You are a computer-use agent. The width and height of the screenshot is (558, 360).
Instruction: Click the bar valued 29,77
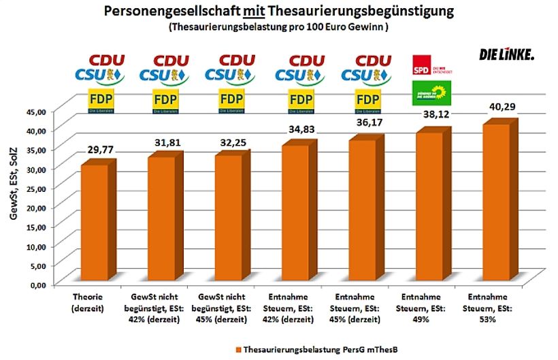[95, 225]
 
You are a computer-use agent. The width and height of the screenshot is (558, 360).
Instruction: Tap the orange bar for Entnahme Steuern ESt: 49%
[430, 208]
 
